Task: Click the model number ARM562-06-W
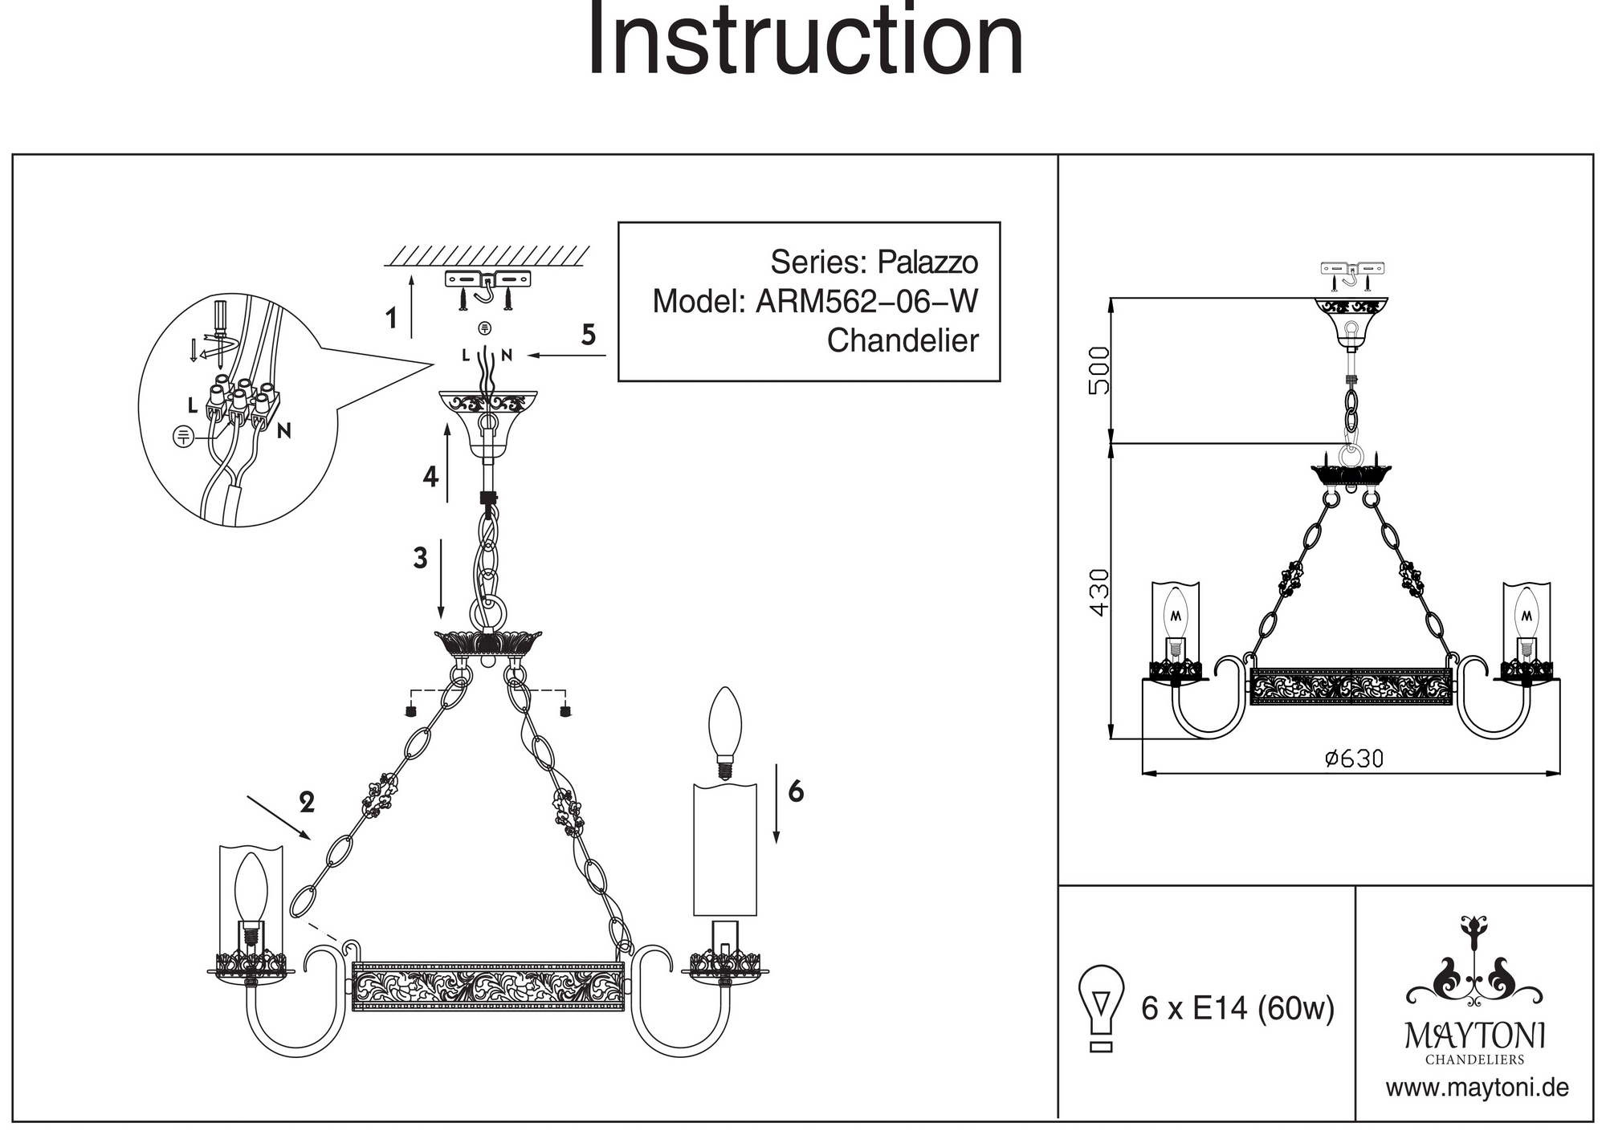click(x=866, y=302)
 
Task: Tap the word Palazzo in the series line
click(x=927, y=262)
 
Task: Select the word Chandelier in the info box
click(x=903, y=341)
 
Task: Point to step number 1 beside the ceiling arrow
click(x=391, y=319)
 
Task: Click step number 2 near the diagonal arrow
click(x=307, y=802)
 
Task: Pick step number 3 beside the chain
click(x=420, y=558)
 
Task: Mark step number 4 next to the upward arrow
click(x=430, y=477)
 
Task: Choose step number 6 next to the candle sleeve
click(x=796, y=791)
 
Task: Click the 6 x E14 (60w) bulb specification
click(x=1237, y=1008)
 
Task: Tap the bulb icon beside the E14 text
click(x=1102, y=1007)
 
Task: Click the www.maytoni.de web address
click(x=1477, y=1088)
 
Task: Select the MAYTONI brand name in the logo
click(x=1475, y=1036)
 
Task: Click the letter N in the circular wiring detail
click(x=283, y=432)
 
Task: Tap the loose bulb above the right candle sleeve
click(x=725, y=731)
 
